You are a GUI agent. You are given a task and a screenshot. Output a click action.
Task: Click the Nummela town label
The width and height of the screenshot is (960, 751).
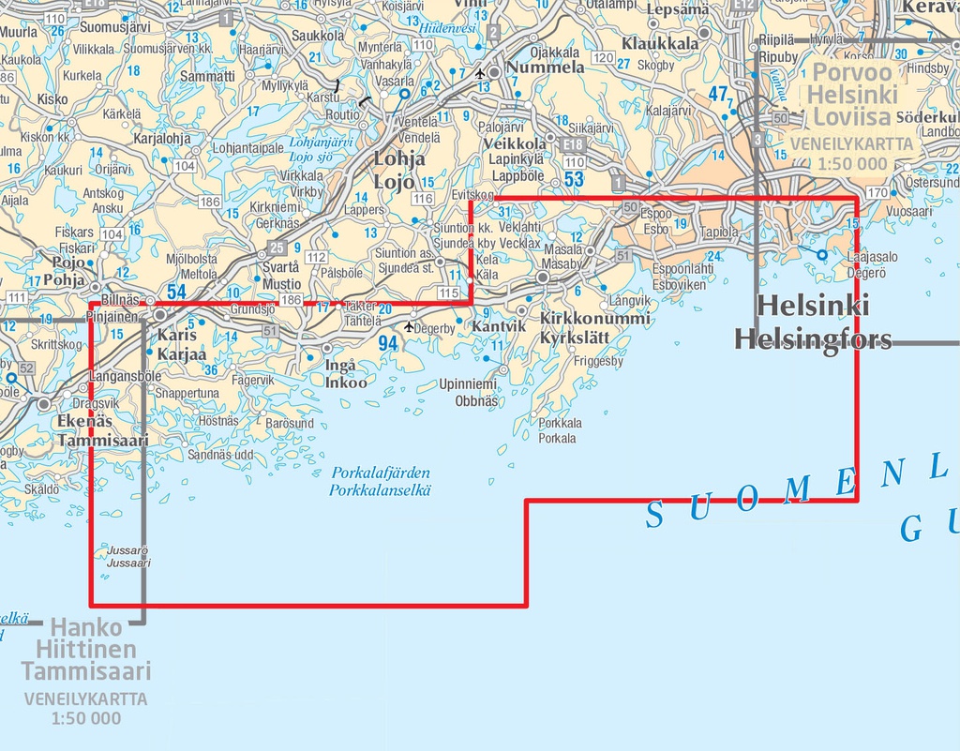546,68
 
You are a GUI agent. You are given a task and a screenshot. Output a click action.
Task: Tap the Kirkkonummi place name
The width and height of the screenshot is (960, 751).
595,319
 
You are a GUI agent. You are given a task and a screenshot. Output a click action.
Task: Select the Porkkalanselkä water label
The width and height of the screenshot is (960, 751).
380,490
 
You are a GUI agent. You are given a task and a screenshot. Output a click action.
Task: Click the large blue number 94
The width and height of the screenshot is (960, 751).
388,344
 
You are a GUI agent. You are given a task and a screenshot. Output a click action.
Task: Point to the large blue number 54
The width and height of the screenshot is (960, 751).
176,293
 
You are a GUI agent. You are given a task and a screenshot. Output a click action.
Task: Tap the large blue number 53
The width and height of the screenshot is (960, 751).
574,179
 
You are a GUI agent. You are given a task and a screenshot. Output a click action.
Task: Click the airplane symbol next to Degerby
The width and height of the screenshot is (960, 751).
409,327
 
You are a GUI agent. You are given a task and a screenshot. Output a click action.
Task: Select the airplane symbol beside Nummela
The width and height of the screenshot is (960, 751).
480,72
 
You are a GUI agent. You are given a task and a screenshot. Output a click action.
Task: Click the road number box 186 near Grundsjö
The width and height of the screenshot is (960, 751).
292,300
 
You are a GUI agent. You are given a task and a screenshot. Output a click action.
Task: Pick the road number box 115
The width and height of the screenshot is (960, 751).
448,293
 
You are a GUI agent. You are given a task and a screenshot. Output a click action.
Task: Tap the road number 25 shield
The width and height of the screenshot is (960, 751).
276,248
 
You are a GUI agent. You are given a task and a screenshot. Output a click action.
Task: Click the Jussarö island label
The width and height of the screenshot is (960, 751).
128,551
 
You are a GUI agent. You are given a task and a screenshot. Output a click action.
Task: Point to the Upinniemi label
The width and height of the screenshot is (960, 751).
469,384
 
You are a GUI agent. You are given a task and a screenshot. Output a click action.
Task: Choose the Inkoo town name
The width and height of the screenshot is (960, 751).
346,383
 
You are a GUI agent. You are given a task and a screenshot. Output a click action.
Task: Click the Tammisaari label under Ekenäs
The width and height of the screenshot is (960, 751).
103,441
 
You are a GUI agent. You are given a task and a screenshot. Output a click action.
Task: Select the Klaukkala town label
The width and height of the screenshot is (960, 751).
660,43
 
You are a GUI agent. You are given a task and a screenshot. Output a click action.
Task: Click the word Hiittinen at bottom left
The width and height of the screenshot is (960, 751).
86,649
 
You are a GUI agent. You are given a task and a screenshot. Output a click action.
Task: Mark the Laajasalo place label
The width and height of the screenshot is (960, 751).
872,257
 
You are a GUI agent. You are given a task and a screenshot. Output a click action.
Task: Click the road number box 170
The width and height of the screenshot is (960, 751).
877,193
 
